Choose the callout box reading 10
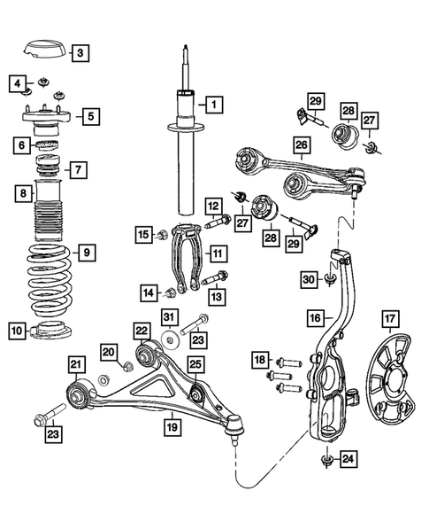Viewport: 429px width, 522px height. click(16, 332)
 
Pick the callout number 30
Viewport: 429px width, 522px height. click(307, 279)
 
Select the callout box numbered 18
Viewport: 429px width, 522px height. click(259, 360)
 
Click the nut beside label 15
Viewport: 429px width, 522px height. click(162, 235)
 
